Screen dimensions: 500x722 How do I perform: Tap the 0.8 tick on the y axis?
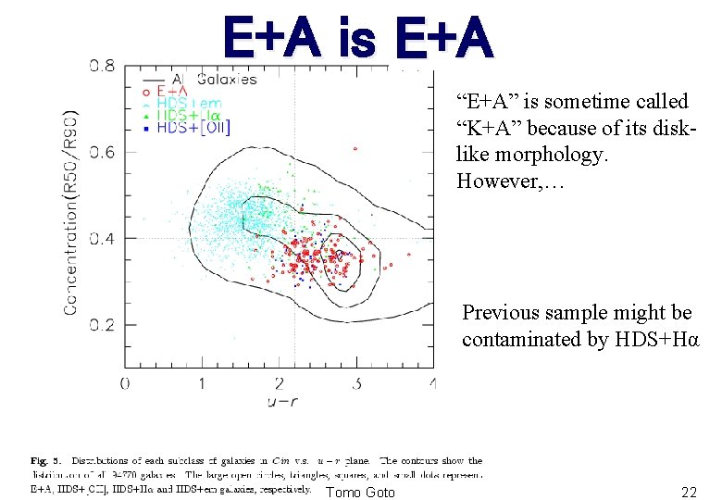pos(103,67)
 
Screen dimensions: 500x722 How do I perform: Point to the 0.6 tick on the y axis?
pos(103,152)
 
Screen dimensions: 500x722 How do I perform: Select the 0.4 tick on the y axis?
pos(103,239)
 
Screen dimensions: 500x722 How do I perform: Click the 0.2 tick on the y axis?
pos(103,325)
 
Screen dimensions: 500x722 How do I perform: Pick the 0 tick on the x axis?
pos(125,382)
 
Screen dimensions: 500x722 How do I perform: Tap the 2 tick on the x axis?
pos(280,382)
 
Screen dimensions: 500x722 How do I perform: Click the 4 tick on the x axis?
pos(432,382)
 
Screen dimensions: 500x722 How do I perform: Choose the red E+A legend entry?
pos(174,92)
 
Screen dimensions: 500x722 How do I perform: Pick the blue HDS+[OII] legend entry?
pos(193,128)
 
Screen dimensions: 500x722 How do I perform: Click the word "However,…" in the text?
pos(501,181)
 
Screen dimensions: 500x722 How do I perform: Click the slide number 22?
pos(689,493)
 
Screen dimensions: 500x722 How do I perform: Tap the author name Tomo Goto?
pos(360,492)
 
